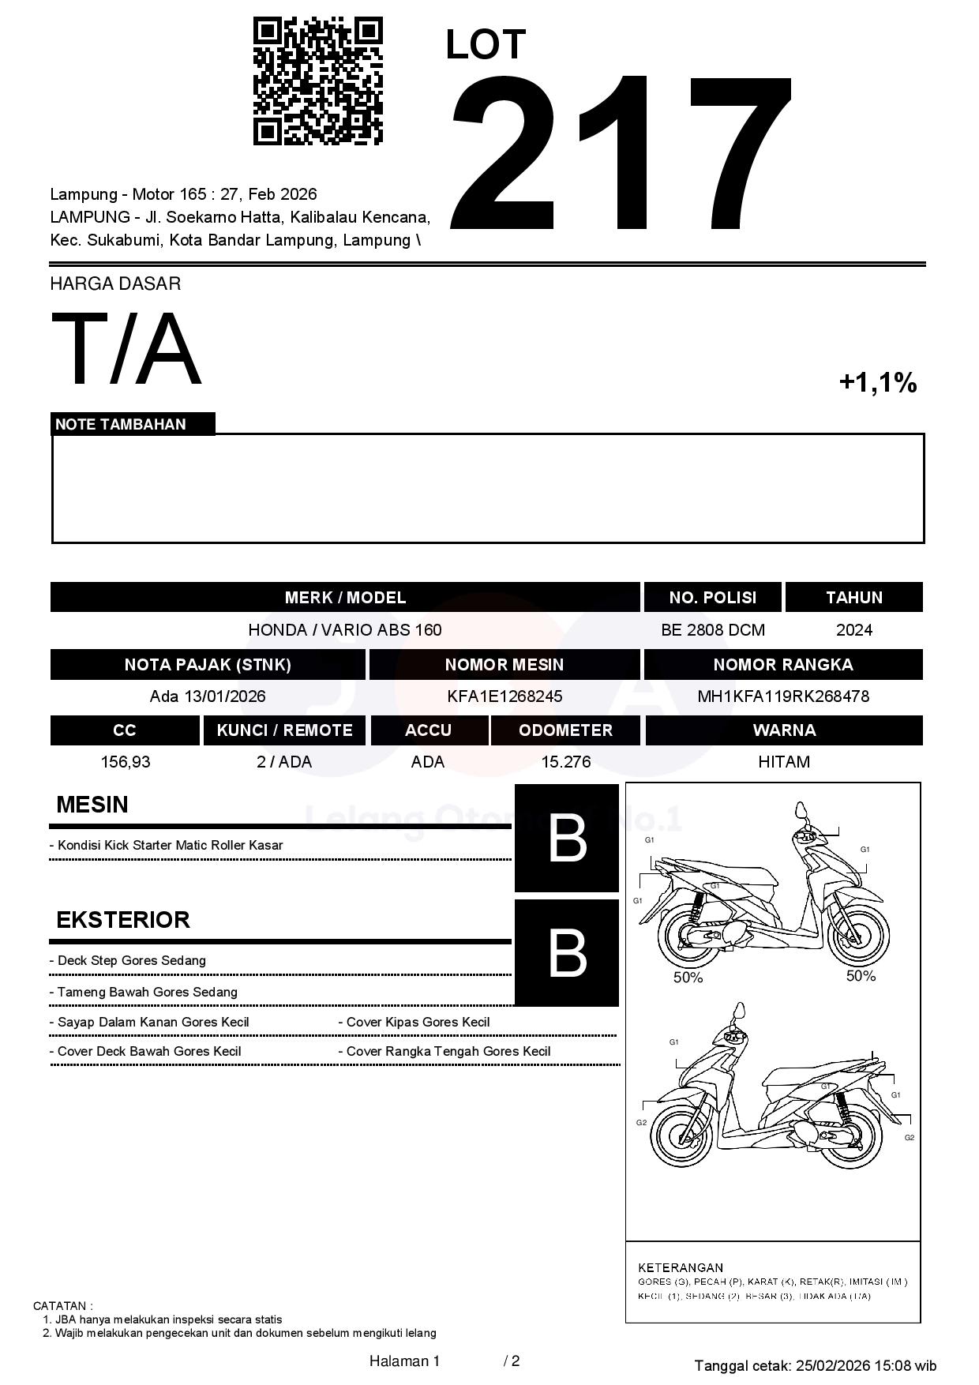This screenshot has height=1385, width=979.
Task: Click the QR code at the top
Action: pyautogui.click(x=317, y=82)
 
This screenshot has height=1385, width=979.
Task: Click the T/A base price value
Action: pyautogui.click(x=126, y=349)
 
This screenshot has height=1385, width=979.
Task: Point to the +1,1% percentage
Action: pyautogui.click(x=877, y=383)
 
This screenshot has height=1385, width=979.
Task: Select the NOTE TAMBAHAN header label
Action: pyautogui.click(x=121, y=424)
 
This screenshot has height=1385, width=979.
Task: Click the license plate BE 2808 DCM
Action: pyautogui.click(x=712, y=630)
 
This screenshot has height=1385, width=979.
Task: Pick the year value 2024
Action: pyautogui.click(x=853, y=630)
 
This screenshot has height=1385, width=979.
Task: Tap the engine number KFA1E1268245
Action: pyautogui.click(x=504, y=696)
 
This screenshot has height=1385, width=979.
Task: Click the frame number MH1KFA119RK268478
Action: pyautogui.click(x=782, y=696)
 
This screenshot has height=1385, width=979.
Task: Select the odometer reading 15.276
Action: pyautogui.click(x=565, y=762)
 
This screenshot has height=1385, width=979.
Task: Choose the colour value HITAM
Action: pyautogui.click(x=783, y=762)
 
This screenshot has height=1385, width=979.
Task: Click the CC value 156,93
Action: pyautogui.click(x=125, y=762)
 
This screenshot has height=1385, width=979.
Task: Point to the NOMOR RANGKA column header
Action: pyautogui.click(x=782, y=665)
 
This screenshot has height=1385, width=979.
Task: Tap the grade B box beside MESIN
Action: pyautogui.click(x=566, y=839)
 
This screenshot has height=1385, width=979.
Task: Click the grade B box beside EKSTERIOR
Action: pyautogui.click(x=566, y=952)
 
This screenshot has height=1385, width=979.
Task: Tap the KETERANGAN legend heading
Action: pyautogui.click(x=680, y=1267)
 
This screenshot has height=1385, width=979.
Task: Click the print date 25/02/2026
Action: pyautogui.click(x=832, y=1365)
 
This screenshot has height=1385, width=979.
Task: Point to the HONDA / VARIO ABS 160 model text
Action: pyautogui.click(x=344, y=630)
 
